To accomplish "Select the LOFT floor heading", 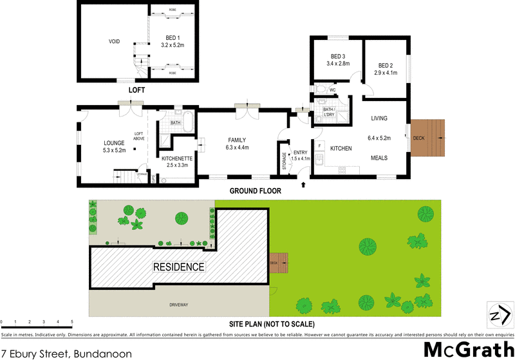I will point(136,90).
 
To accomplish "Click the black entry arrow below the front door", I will point(303,185).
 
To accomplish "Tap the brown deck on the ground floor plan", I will point(428,138).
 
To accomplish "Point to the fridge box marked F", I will point(320,146).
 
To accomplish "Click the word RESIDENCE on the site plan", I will point(178,266).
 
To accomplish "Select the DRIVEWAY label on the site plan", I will point(177,304).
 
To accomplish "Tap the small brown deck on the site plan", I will point(279,263).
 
